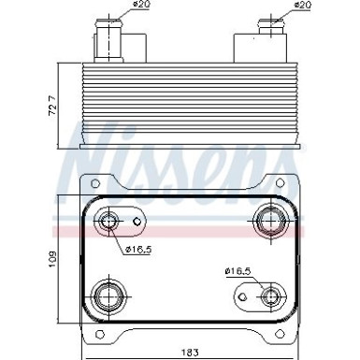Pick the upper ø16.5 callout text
tap(138, 250)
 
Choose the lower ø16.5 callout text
tap(239, 270)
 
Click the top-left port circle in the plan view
tap(110, 222)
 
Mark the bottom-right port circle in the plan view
tap(271, 297)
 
